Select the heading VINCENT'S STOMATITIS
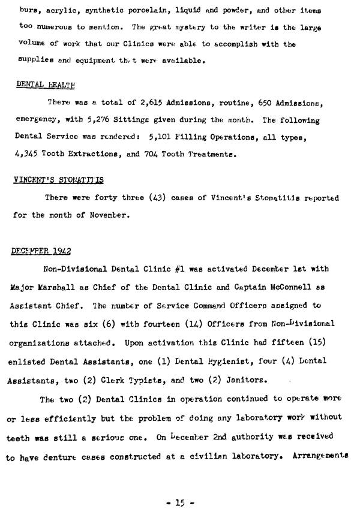(58, 180)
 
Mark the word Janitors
(247, 380)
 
